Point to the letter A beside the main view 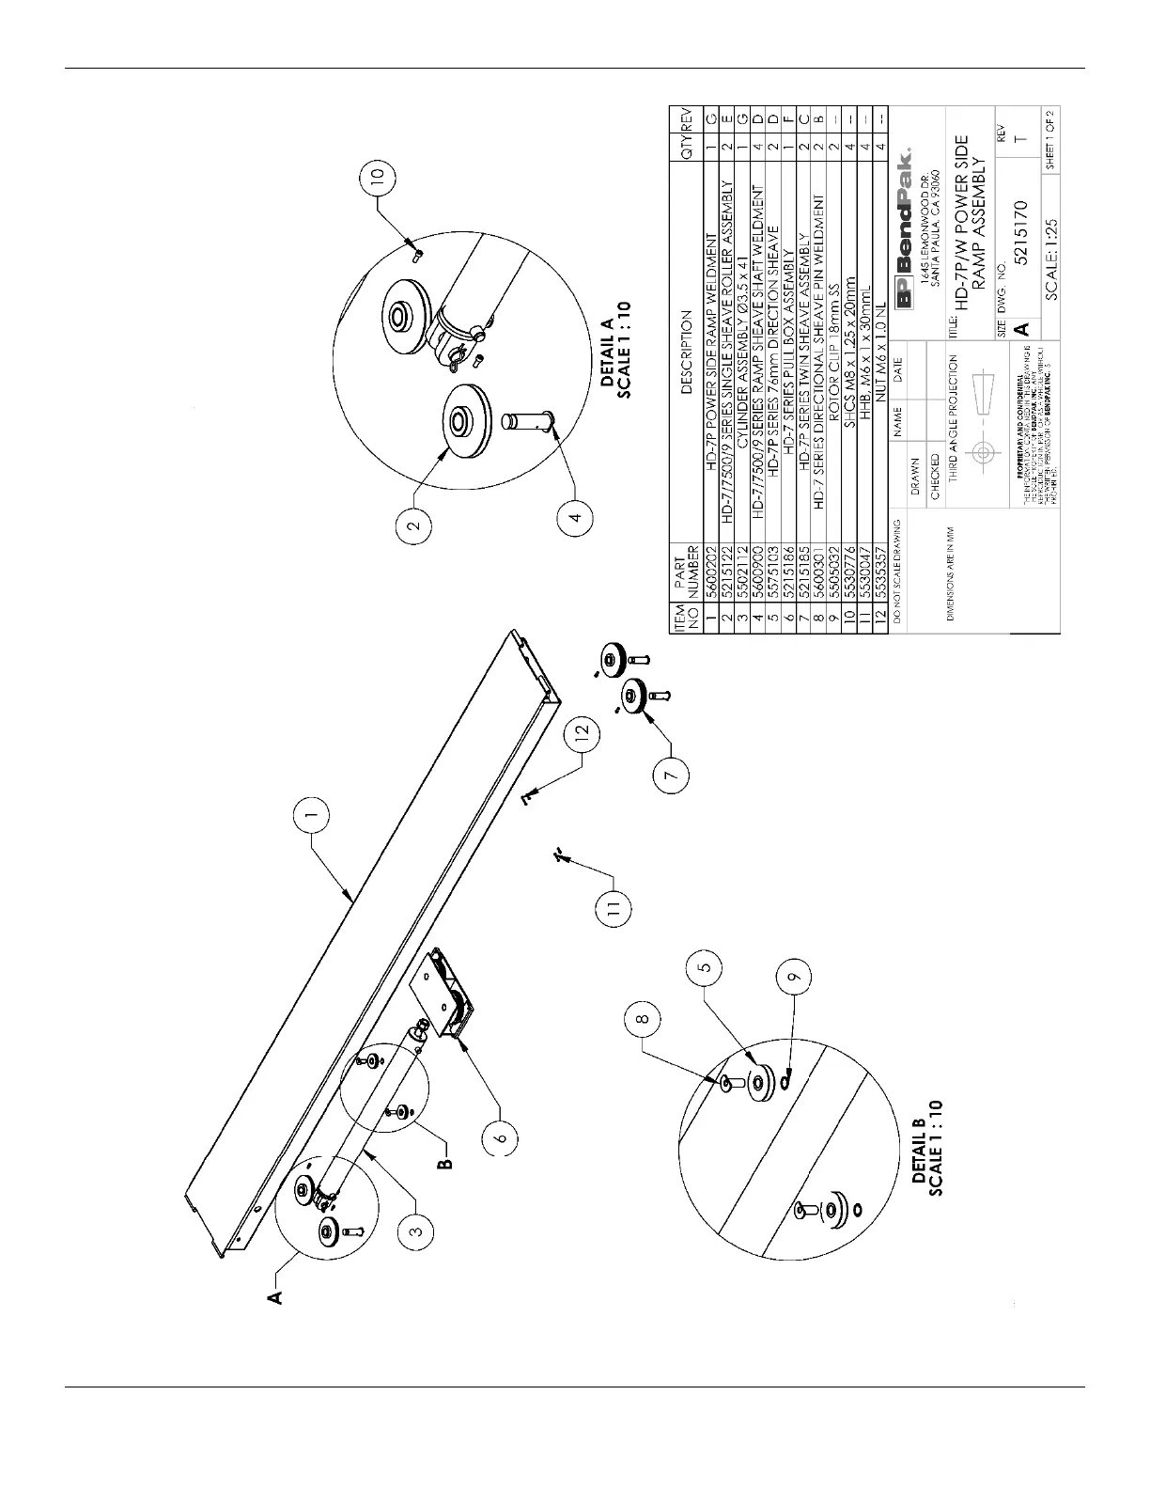pos(275,1299)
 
